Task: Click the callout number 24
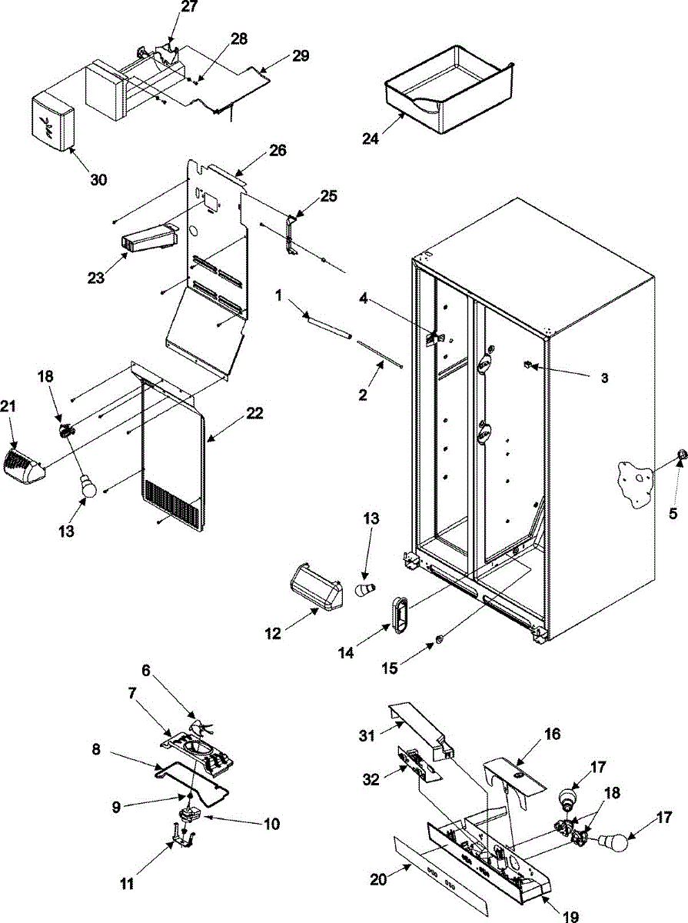371,138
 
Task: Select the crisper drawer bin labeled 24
449,89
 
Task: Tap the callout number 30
98,179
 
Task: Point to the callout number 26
277,150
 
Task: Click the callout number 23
96,278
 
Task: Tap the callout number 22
254,413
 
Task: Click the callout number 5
673,514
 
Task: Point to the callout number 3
604,378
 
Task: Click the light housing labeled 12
316,591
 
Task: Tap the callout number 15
390,668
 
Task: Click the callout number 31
367,736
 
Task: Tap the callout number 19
570,915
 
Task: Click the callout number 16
553,735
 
